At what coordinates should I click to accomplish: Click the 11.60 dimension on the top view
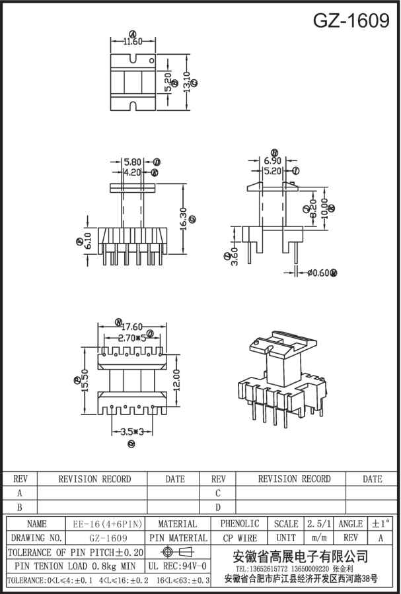click(x=133, y=42)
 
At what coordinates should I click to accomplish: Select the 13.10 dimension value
click(x=187, y=82)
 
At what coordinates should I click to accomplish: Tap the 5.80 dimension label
click(x=132, y=162)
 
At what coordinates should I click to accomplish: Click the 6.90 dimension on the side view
click(x=273, y=161)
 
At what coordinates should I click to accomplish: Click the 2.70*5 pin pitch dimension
click(x=131, y=338)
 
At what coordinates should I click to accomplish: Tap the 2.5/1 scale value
click(x=318, y=524)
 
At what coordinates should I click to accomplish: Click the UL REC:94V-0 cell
click(x=177, y=566)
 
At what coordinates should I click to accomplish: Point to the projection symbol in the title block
click(x=176, y=552)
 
